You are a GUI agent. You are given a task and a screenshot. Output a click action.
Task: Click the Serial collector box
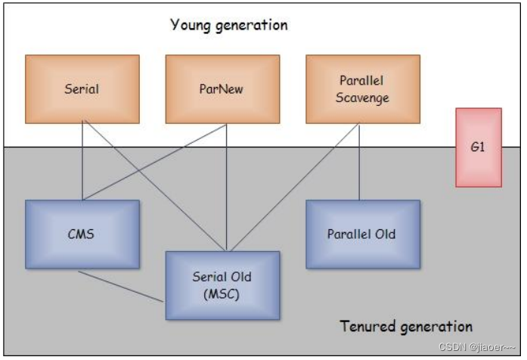click(82, 88)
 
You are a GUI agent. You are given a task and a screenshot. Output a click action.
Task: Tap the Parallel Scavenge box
click(363, 88)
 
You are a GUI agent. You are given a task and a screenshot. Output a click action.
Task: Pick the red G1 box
click(478, 147)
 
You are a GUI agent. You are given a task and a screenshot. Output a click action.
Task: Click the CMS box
click(82, 234)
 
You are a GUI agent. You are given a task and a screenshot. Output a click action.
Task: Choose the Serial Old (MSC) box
click(222, 285)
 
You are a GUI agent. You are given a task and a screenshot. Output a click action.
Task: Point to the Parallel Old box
click(362, 234)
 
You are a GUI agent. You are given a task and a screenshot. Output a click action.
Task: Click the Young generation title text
click(228, 25)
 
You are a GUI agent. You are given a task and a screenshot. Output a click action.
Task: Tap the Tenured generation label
click(406, 327)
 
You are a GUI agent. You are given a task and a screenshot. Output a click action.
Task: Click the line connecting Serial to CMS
click(82, 163)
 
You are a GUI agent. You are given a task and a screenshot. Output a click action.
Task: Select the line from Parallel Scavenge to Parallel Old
click(359, 163)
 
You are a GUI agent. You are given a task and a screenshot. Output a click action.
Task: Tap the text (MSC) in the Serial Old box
click(222, 294)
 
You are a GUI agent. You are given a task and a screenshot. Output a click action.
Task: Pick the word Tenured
click(367, 327)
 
